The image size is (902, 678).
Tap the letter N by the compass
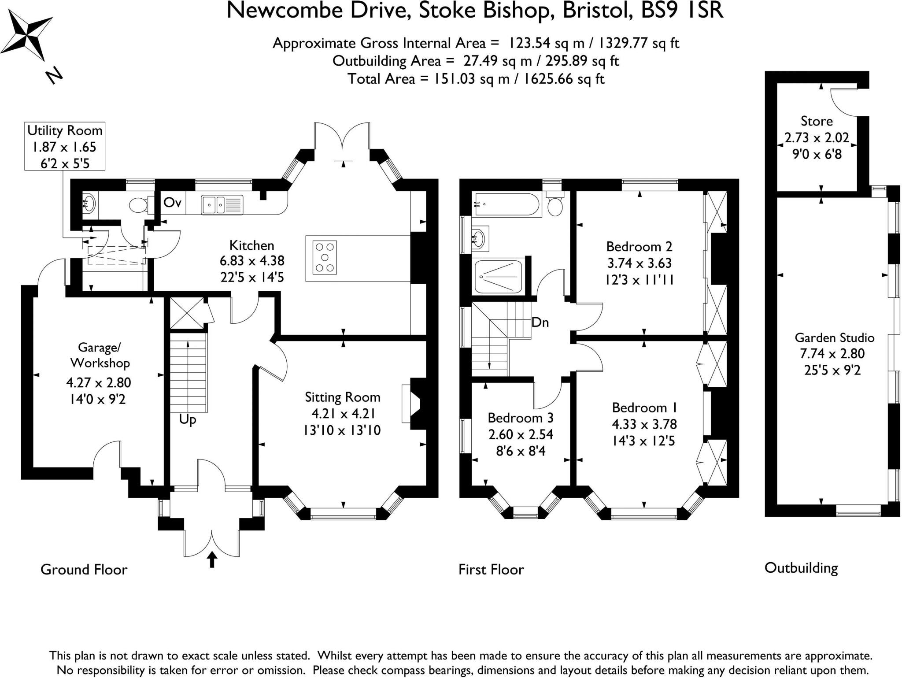pos(55,76)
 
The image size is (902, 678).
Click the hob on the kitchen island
pos(325,257)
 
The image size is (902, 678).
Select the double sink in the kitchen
pos(222,204)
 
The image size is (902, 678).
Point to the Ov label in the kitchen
pos(172,203)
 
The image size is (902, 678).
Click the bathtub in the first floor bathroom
pos(506,204)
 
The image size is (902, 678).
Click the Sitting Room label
pos(342,397)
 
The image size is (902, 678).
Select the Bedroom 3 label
pos(520,418)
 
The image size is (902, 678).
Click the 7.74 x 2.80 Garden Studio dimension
pos(832,354)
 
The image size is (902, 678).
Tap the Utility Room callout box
pos(65,146)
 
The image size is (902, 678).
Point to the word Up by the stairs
pos(187,419)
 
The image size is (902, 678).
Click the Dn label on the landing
pos(540,322)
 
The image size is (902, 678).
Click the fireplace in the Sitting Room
pos(412,403)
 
